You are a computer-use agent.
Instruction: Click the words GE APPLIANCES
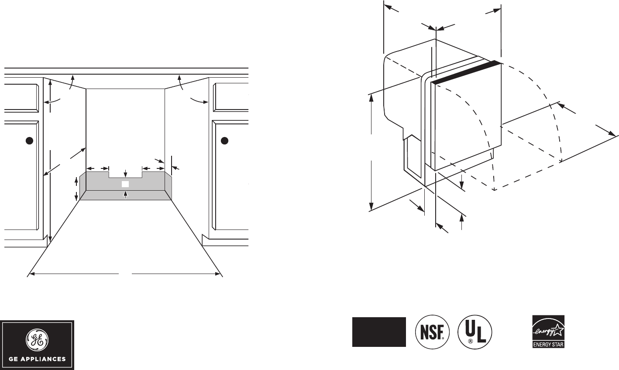pos(38,360)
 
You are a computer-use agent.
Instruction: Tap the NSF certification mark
pos(432,332)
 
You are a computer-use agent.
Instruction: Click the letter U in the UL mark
pos(470,328)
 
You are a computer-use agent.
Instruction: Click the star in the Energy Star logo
pos(557,331)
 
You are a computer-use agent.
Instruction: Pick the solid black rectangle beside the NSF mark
pos(379,332)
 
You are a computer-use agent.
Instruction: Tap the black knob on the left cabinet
pos(28,140)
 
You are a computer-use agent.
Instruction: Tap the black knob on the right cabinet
pos(224,140)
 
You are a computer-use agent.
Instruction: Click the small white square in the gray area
pos(125,184)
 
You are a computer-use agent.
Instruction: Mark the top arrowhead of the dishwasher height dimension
pos(371,97)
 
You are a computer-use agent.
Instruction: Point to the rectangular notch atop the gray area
pos(125,174)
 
